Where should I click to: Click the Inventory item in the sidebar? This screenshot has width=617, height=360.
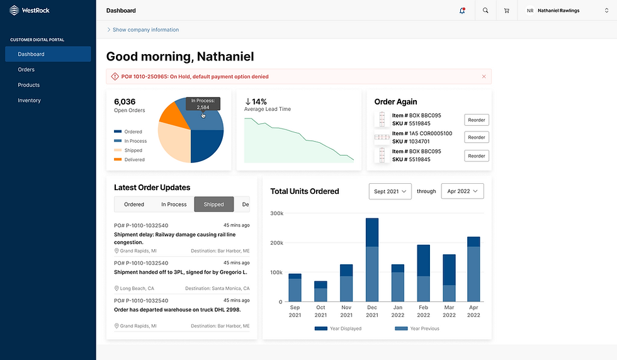click(29, 100)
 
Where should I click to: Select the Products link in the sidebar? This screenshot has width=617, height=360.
click(28, 85)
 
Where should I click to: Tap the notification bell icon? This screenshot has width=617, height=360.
click(463, 11)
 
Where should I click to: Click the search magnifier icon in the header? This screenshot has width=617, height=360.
click(485, 11)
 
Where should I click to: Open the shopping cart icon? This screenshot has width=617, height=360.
click(506, 11)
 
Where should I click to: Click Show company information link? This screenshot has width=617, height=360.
click(145, 30)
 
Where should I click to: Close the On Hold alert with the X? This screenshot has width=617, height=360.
click(484, 76)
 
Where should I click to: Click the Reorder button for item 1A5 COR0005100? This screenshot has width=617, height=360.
click(477, 137)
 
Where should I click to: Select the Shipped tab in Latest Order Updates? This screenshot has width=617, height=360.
click(213, 205)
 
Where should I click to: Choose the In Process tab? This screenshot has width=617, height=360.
click(174, 205)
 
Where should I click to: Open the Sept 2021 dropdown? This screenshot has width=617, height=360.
click(390, 191)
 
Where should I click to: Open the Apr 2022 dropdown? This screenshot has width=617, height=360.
click(462, 191)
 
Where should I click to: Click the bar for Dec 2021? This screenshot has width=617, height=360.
click(372, 259)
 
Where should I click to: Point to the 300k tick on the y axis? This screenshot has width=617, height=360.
click(276, 213)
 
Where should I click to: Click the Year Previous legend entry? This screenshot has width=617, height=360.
click(418, 329)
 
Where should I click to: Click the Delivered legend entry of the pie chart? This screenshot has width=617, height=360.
click(133, 160)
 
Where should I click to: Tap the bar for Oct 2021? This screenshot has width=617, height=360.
click(320, 291)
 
